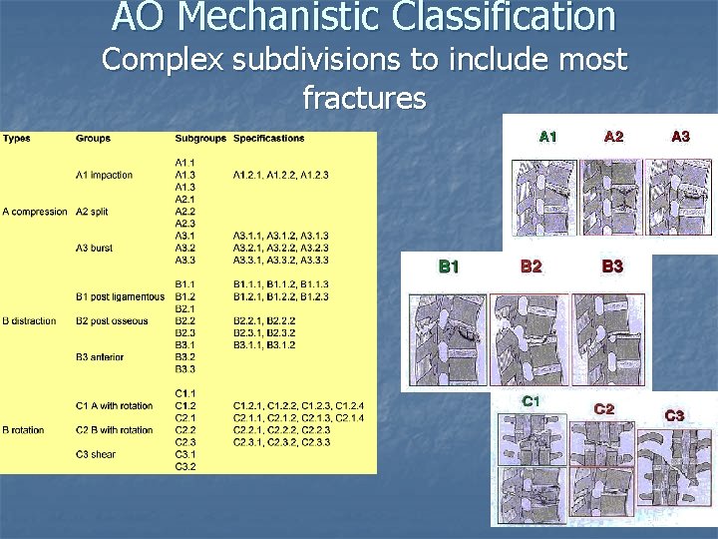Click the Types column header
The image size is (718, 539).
point(16,138)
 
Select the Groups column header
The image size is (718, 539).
point(93,138)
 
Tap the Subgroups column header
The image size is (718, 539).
point(200,138)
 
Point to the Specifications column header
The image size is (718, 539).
point(269,138)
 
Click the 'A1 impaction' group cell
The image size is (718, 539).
point(104,175)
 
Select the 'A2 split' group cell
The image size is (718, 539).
point(97,212)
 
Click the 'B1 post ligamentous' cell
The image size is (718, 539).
point(120,296)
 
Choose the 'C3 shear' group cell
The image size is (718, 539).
point(96,454)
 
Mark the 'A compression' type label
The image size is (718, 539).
point(35,212)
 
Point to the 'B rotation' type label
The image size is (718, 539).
point(23,430)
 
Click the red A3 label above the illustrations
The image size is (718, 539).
point(679,137)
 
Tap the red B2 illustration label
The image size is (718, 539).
point(532,267)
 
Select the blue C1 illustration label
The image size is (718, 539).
point(532,401)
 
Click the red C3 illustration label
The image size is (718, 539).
point(674,414)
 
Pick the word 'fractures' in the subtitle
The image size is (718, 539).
point(364,98)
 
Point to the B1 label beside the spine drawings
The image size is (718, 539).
point(450,267)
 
